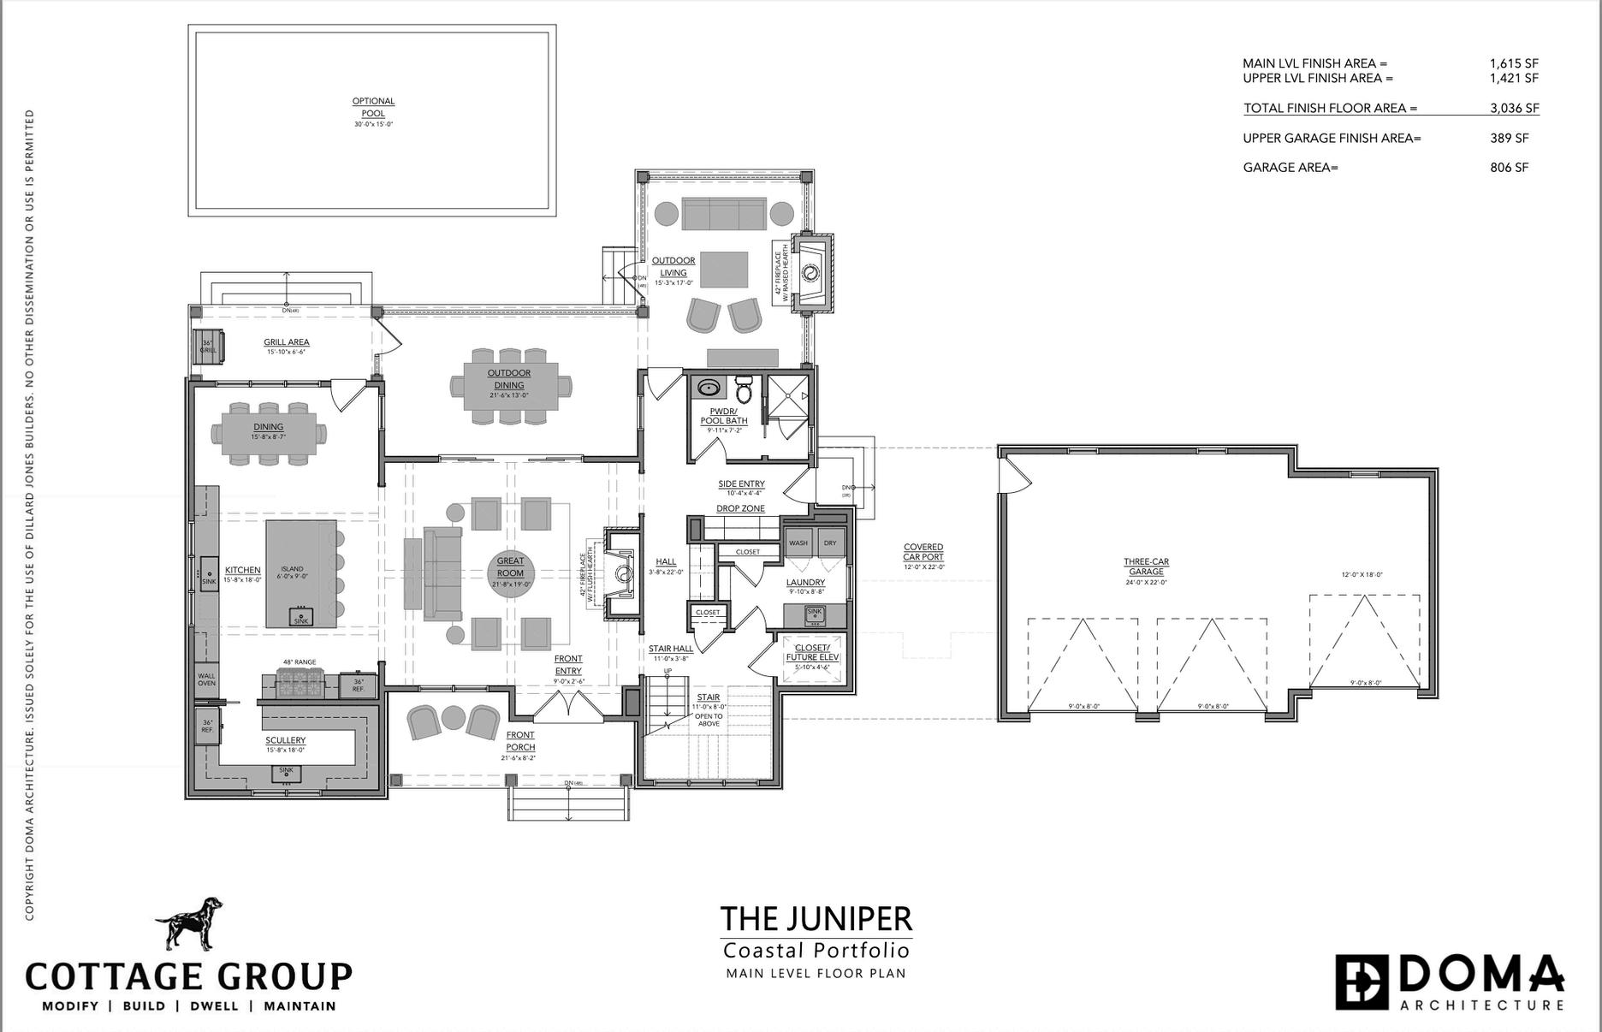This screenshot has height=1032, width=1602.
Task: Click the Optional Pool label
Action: (373, 107)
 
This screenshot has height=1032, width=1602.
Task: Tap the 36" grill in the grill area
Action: (208, 347)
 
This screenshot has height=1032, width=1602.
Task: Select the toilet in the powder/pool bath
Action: (744, 390)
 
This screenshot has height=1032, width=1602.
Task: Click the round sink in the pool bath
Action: (709, 389)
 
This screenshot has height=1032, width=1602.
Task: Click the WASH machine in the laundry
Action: (798, 543)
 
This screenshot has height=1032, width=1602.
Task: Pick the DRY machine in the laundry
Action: (829, 543)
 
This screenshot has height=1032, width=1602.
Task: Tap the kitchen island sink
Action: (300, 617)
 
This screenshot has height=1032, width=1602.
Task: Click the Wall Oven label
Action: (206, 679)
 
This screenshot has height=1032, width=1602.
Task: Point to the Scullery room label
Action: (285, 741)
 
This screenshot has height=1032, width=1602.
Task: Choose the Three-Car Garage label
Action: (1146, 567)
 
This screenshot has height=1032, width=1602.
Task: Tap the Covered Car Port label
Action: (923, 552)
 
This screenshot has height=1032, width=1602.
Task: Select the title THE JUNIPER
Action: (816, 918)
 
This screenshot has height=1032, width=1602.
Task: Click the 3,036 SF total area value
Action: (1514, 109)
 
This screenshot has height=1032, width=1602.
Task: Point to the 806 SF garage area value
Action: (1509, 168)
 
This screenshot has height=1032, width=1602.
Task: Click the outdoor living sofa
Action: (723, 214)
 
